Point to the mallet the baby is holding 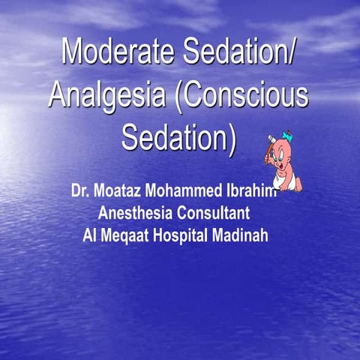pyautogui.click(x=269, y=147)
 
